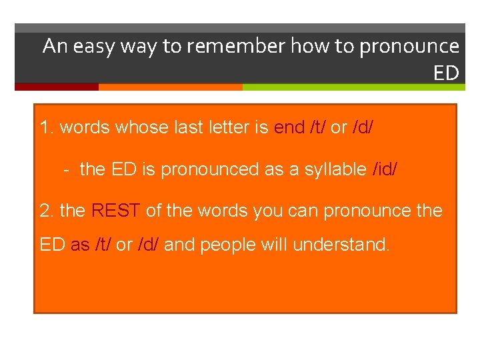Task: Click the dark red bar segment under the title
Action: click(x=56, y=87)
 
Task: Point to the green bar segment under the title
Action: click(x=353, y=87)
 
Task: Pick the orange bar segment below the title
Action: click(x=170, y=87)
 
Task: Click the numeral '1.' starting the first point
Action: click(x=47, y=127)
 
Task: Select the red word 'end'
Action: click(x=289, y=127)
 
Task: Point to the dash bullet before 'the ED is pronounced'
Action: click(x=67, y=169)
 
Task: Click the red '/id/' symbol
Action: click(x=387, y=169)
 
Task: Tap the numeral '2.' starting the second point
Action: click(x=47, y=211)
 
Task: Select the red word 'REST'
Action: click(x=116, y=211)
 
